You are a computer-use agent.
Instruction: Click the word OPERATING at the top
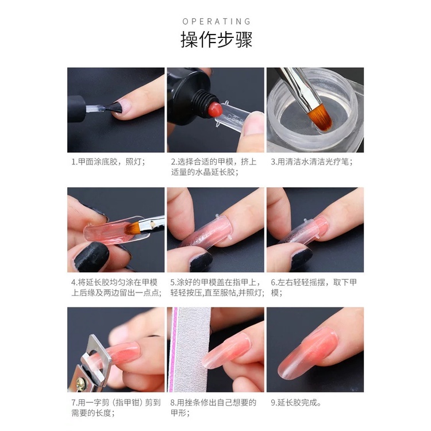(216, 21)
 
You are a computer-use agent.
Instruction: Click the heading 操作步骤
(216, 39)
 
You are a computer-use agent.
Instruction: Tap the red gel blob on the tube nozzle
(215, 109)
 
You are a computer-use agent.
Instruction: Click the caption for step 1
(108, 161)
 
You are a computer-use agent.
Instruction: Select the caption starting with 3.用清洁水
(311, 161)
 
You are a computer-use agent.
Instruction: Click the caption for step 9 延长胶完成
(296, 403)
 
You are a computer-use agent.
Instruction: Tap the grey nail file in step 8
(191, 349)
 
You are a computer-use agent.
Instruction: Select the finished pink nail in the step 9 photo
(308, 352)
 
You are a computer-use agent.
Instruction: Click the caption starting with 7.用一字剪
(116, 407)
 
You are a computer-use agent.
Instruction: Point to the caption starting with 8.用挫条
(213, 407)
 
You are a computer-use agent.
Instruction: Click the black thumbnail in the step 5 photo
(200, 261)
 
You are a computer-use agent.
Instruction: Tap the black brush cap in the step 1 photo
(76, 109)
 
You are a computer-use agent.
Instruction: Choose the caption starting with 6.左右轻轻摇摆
(314, 287)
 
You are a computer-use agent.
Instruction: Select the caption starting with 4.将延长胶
(116, 287)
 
